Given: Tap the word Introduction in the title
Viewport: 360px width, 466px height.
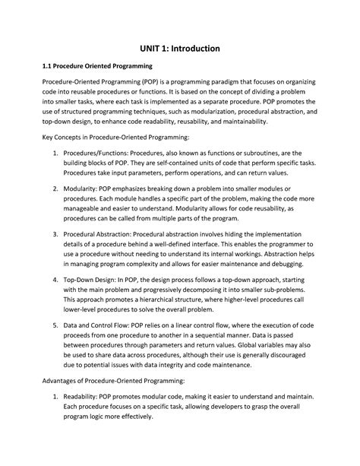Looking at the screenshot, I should pyautogui.click(x=194, y=48).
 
